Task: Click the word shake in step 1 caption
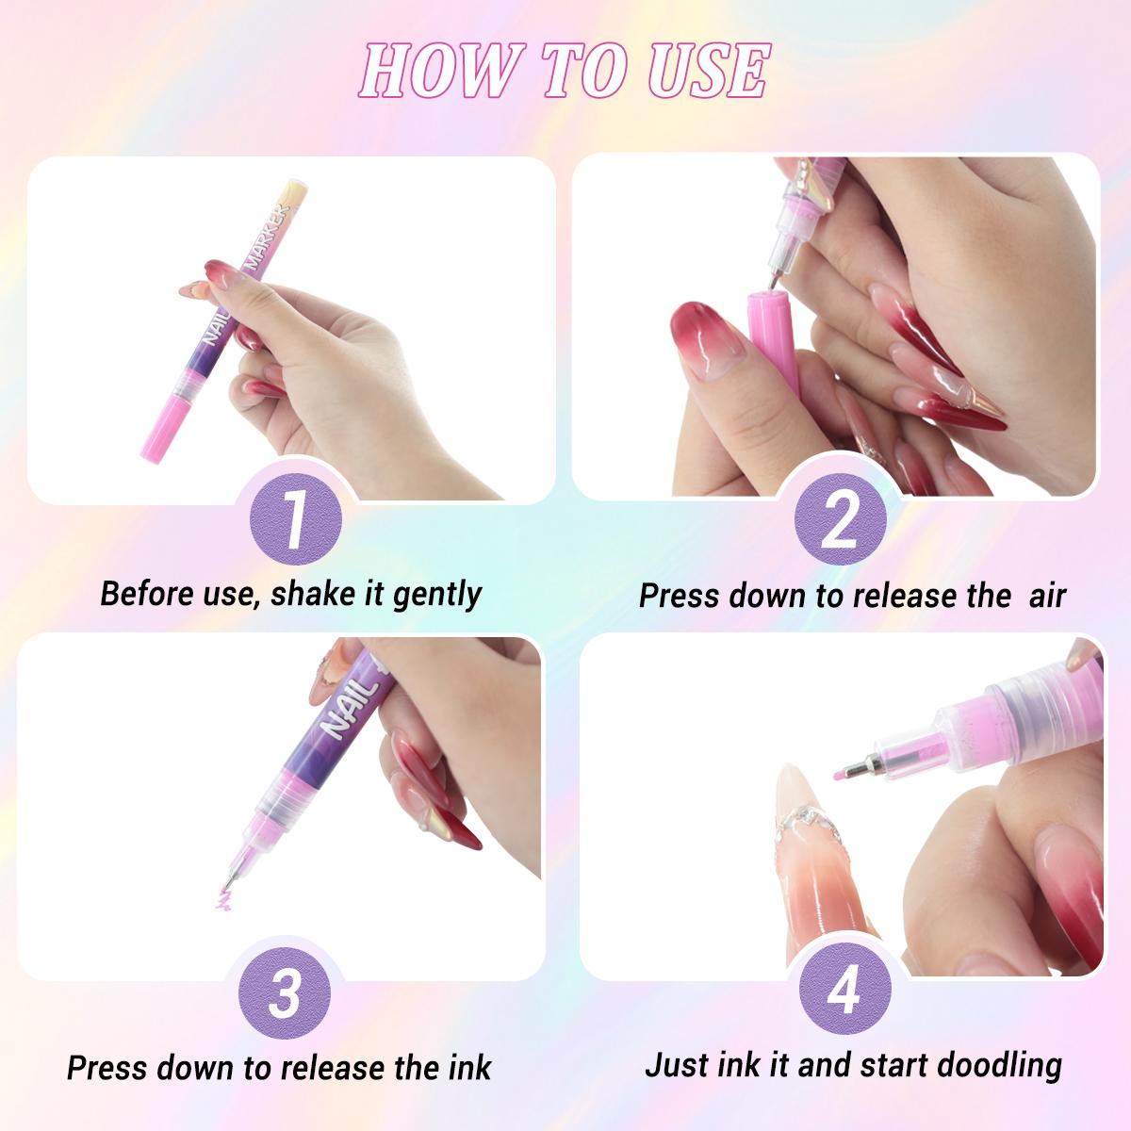(x=316, y=594)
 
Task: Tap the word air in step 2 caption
(x=1047, y=596)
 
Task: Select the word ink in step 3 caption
(x=469, y=1068)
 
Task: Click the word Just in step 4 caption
(x=677, y=1065)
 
